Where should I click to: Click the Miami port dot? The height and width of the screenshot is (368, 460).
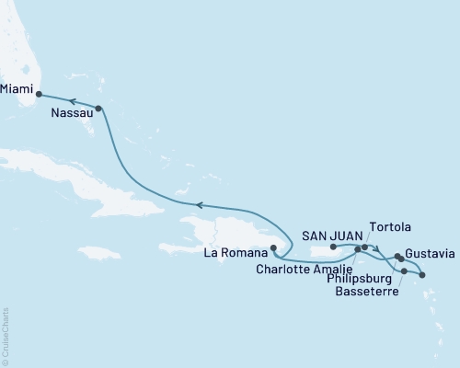(x=39, y=93)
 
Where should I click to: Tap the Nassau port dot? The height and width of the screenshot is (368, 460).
(x=99, y=109)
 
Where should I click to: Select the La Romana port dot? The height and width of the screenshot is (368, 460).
(x=273, y=247)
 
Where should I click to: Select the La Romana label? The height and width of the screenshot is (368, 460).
(x=240, y=252)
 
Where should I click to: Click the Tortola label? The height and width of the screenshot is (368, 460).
(x=390, y=226)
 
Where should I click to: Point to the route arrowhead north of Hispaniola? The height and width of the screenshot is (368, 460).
(x=194, y=205)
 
